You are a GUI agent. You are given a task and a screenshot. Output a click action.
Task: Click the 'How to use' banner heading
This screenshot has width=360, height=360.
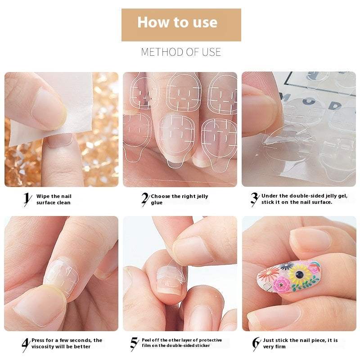[177, 22]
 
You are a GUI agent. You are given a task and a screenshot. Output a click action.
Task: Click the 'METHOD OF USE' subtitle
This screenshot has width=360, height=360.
[181, 52]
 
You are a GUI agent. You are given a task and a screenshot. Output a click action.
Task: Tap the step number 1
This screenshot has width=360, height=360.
[27, 199]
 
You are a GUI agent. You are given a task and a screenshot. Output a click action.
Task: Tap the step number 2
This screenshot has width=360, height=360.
[145, 199]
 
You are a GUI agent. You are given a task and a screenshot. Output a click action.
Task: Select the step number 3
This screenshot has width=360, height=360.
[255, 199]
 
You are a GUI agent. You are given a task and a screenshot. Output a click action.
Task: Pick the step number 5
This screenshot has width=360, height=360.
[134, 344]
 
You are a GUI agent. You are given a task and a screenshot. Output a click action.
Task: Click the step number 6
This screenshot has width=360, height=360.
[256, 344]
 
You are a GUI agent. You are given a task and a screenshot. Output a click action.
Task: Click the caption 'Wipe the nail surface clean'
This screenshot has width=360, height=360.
[54, 199]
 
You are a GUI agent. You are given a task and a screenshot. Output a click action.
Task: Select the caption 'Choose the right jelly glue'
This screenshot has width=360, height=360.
[179, 199]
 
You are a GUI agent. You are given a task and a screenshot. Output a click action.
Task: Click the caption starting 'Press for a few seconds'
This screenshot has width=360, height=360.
[67, 343]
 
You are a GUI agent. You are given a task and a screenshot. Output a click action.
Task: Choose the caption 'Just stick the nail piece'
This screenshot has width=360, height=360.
[301, 343]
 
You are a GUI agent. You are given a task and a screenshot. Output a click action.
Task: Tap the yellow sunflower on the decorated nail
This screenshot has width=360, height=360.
[299, 273]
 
